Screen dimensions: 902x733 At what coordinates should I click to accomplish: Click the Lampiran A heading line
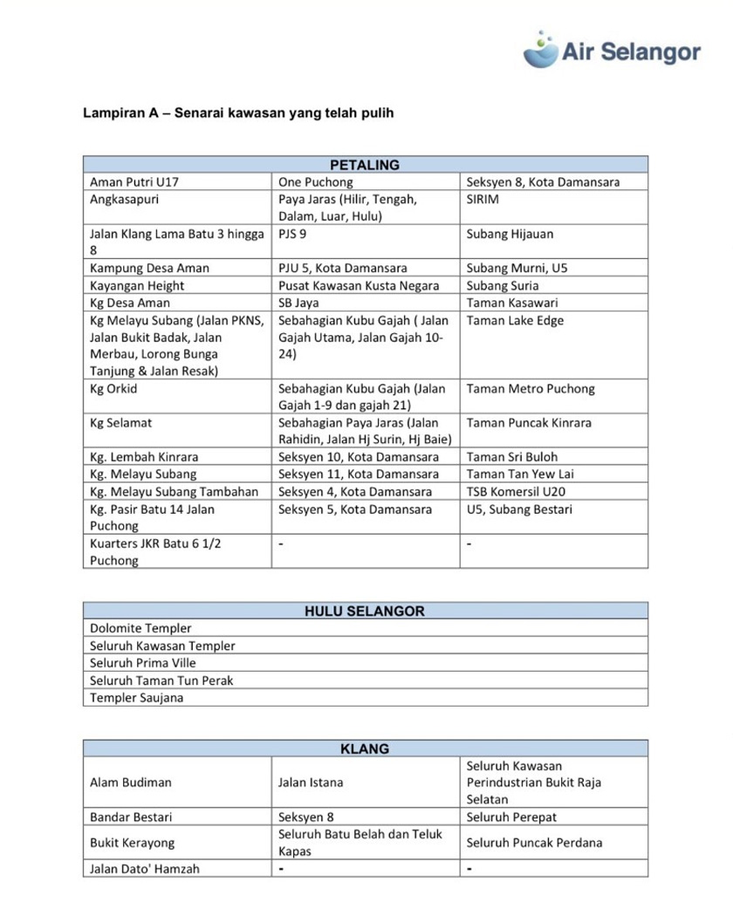pyautogui.click(x=238, y=113)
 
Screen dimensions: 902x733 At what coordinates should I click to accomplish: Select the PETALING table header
pyautogui.click(x=365, y=165)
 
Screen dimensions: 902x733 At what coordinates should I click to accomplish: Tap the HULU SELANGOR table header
pyautogui.click(x=365, y=611)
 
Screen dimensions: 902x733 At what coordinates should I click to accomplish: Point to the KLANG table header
pyautogui.click(x=365, y=748)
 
